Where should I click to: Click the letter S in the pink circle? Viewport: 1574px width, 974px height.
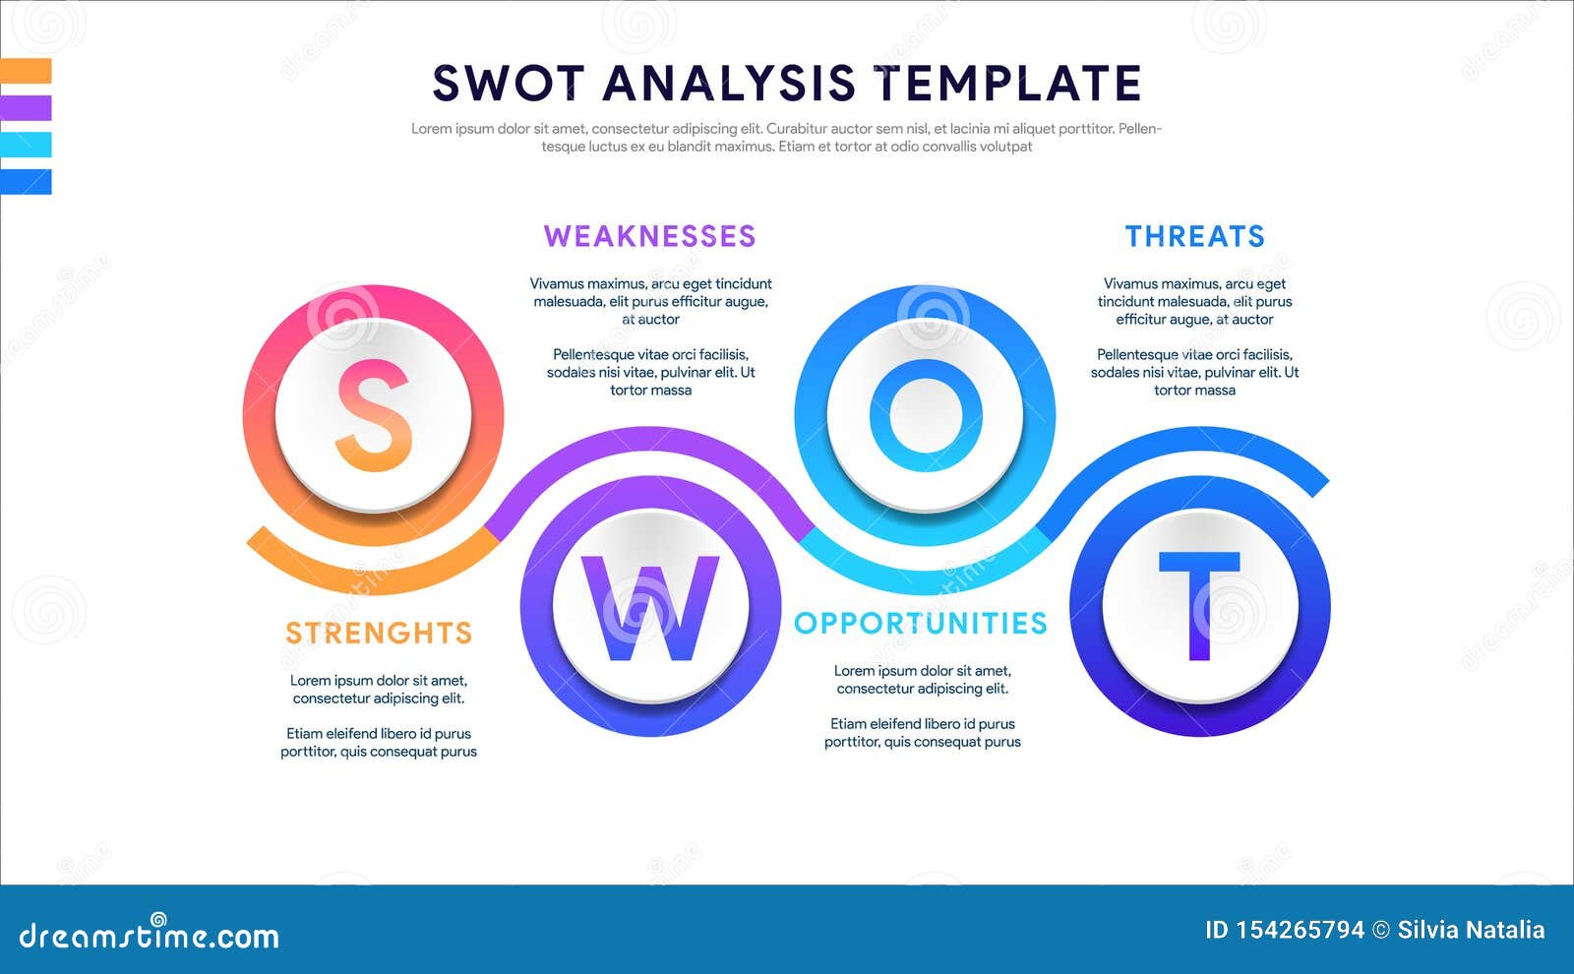tap(374, 415)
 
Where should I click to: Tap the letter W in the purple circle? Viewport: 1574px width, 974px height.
tap(650, 608)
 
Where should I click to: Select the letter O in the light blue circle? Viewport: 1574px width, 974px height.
tap(925, 415)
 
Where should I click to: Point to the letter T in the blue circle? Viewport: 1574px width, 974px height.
tap(1199, 605)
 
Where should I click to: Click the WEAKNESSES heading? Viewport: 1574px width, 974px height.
tap(649, 236)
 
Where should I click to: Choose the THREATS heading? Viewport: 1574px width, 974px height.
tap(1194, 236)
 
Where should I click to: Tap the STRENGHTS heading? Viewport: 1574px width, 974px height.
tap(379, 633)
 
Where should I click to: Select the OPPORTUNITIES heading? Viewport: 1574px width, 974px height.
tap(921, 623)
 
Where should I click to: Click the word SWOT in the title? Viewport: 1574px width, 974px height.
tap(509, 84)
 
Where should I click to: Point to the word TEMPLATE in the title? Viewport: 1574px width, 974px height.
tap(1008, 84)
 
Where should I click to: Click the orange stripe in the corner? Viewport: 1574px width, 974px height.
tap(26, 71)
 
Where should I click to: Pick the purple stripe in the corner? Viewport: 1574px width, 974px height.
tap(26, 107)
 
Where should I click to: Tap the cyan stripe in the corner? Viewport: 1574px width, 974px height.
tap(26, 145)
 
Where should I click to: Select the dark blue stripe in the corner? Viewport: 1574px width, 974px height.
tap(26, 182)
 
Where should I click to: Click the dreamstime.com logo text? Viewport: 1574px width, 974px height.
tap(150, 935)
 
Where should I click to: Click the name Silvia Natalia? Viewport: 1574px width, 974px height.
tap(1471, 930)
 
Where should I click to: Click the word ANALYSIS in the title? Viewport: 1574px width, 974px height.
tap(729, 84)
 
